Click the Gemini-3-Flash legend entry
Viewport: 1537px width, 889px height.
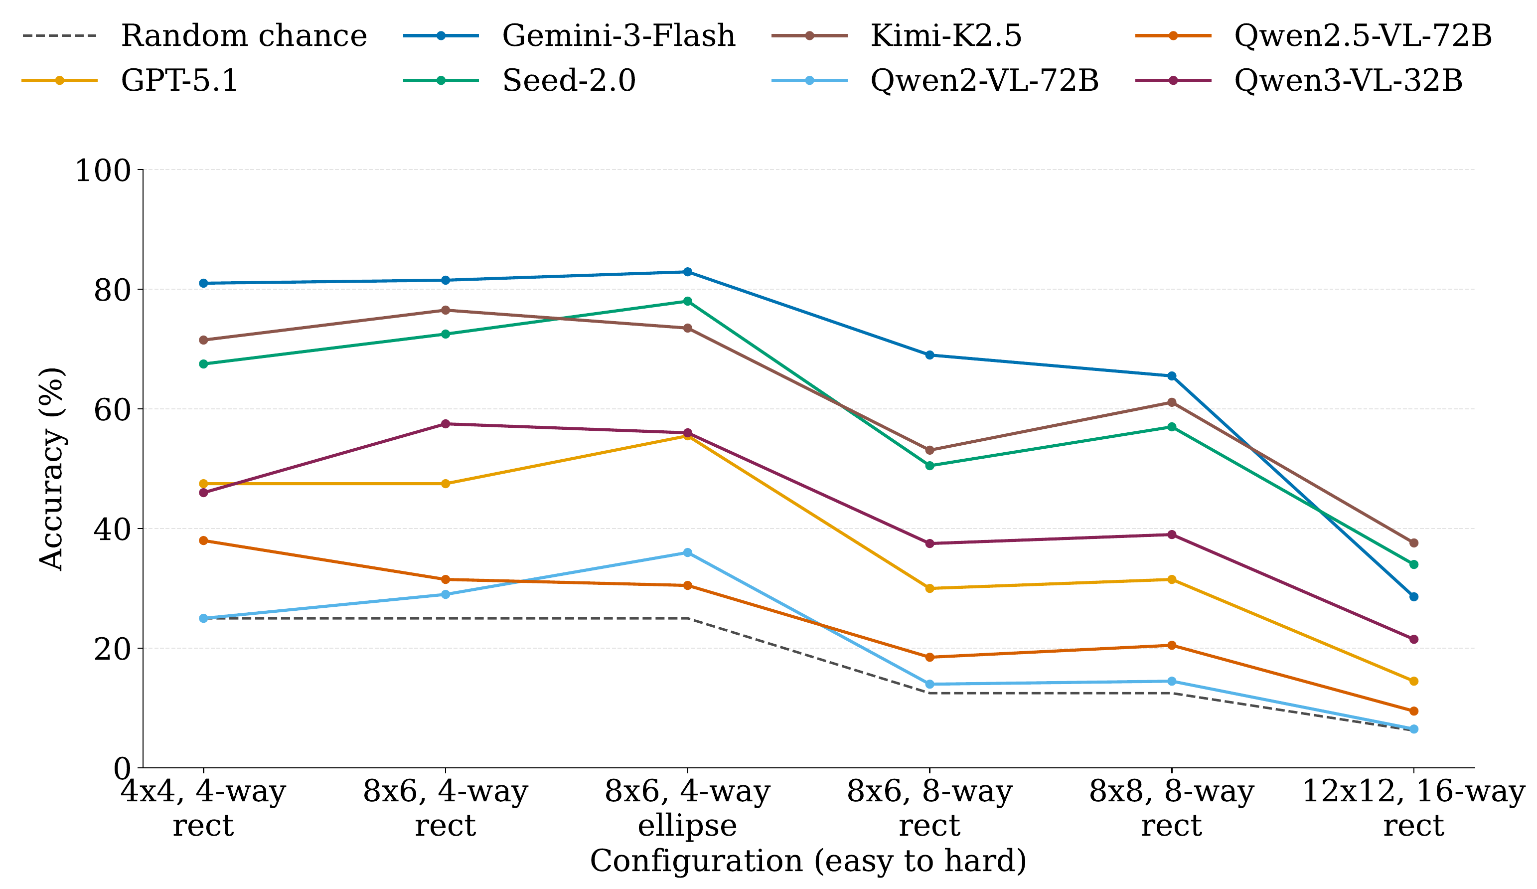coord(618,35)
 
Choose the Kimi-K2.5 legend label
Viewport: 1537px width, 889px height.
coord(945,35)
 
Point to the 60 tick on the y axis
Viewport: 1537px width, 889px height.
coord(112,409)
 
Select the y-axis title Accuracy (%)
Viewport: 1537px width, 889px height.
coord(51,469)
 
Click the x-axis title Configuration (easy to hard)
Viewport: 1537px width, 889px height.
coord(808,860)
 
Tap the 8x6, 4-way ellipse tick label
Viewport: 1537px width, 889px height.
coord(687,808)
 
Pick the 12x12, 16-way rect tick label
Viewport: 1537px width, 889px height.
coord(1413,808)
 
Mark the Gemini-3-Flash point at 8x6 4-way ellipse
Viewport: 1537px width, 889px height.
coord(687,272)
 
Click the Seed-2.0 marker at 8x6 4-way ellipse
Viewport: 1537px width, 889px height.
coord(687,301)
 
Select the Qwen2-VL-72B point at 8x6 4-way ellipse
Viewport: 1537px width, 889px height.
coord(687,552)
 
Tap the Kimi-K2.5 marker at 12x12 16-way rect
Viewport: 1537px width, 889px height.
coord(1413,542)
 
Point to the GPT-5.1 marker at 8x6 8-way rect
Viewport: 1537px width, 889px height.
coord(929,588)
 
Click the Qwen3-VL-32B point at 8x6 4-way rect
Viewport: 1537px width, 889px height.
coord(445,423)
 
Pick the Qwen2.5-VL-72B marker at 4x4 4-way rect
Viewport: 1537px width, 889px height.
coord(203,540)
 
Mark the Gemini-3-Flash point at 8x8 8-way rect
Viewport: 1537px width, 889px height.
coord(1171,376)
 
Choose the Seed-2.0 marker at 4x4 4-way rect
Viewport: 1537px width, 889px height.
coord(203,363)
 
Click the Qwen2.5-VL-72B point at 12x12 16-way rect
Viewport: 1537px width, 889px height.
coord(1413,711)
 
